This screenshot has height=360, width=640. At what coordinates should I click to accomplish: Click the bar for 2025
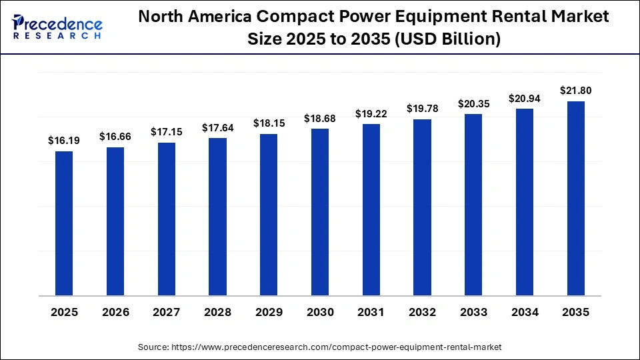[x=64, y=223]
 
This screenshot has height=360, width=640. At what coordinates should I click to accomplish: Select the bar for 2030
[x=320, y=212]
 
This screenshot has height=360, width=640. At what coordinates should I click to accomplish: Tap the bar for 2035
[x=575, y=198]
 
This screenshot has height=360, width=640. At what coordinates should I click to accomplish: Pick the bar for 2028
[x=217, y=217]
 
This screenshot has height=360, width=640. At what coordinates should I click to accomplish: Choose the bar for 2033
[x=473, y=205]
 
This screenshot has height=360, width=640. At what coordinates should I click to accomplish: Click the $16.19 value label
[x=64, y=141]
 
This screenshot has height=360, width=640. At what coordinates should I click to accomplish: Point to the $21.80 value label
[x=575, y=91]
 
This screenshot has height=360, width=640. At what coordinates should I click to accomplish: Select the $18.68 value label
[x=320, y=118]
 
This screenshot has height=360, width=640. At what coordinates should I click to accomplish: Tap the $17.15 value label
[x=166, y=132]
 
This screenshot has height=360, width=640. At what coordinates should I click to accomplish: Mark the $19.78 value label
[x=422, y=109]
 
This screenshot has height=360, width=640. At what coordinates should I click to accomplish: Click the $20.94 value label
[x=525, y=99]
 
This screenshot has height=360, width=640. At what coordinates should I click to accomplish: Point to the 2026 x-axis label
[x=115, y=312]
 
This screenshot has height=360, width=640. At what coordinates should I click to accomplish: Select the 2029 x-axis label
[x=269, y=312]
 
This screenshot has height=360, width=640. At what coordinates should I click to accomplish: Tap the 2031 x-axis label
[x=371, y=312]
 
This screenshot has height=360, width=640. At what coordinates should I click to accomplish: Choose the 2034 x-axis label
[x=525, y=312]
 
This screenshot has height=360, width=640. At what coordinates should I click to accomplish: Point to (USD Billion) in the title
[x=447, y=39]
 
